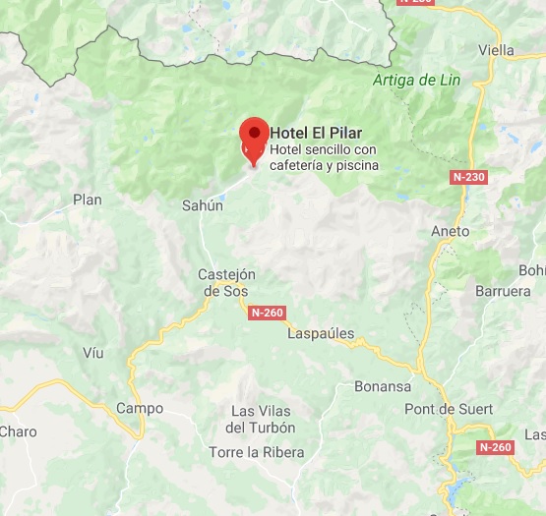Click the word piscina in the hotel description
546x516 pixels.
357,165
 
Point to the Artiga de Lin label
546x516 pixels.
417,81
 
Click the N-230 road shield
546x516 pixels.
469,177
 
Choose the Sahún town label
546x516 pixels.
203,206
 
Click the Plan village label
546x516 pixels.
88,200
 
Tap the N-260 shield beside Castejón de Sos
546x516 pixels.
267,313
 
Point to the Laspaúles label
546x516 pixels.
321,333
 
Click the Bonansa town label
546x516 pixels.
383,386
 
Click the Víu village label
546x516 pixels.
93,352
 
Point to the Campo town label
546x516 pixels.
139,408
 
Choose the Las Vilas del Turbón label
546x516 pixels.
261,419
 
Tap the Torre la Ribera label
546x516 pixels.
257,452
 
